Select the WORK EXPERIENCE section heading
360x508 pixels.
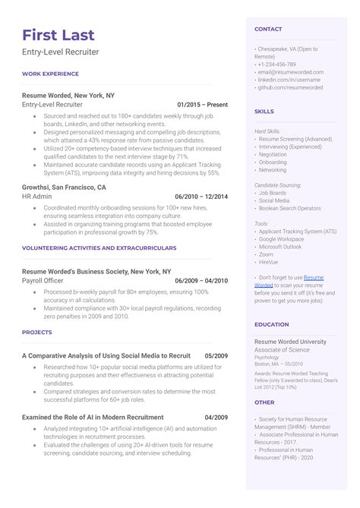pyautogui.click(x=50, y=74)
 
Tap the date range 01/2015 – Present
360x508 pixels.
pyautogui.click(x=202, y=104)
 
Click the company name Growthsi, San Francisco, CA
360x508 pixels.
pyautogui.click(x=64, y=187)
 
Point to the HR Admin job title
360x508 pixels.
pyautogui.click(x=37, y=196)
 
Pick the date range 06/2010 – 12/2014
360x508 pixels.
pyautogui.click(x=201, y=196)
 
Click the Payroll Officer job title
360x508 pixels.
pyautogui.click(x=44, y=280)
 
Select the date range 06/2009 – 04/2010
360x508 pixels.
pyautogui.click(x=201, y=280)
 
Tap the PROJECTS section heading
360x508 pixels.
pyautogui.click(x=37, y=331)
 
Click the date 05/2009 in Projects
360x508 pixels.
pyautogui.click(x=216, y=355)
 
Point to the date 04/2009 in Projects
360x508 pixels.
pyautogui.click(x=216, y=417)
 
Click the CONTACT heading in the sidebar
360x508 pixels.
pyautogui.click(x=268, y=30)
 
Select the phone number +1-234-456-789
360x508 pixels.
pyautogui.click(x=278, y=65)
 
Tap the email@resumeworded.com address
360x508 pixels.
pyautogui.click(x=287, y=72)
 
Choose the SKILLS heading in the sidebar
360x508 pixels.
pyautogui.click(x=264, y=111)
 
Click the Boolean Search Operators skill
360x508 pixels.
pyautogui.click(x=289, y=208)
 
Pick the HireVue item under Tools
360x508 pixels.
pyautogui.click(x=270, y=261)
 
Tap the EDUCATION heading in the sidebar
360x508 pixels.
pyautogui.click(x=271, y=324)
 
